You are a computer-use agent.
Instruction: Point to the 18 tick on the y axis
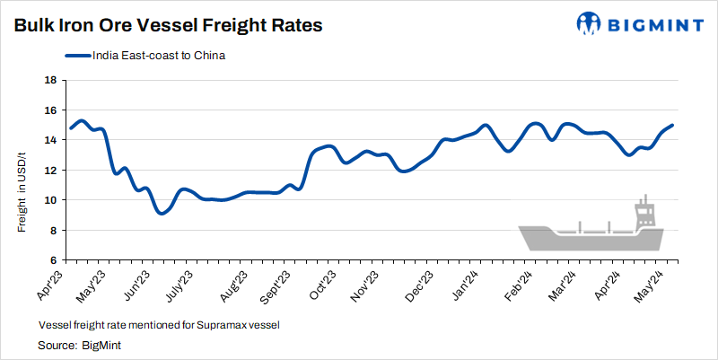pos(51,80)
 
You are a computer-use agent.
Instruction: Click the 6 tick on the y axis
pos(54,260)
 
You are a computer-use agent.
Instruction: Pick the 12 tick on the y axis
pos(51,171)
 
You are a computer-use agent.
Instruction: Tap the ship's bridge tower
pos(644,214)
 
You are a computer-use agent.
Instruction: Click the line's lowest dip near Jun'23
pos(160,213)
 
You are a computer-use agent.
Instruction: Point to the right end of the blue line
pos(672,126)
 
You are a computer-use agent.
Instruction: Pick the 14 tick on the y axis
pos(51,140)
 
